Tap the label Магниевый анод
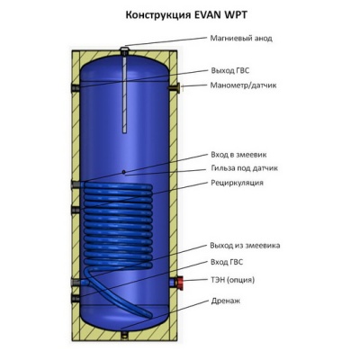point(241,39)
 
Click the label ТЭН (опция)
point(233,279)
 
